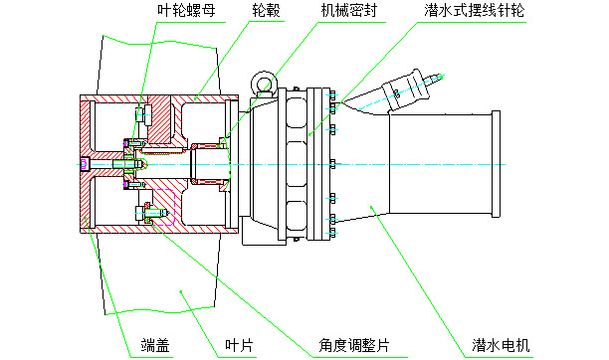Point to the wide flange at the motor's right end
pyautogui.click(x=492, y=163)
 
